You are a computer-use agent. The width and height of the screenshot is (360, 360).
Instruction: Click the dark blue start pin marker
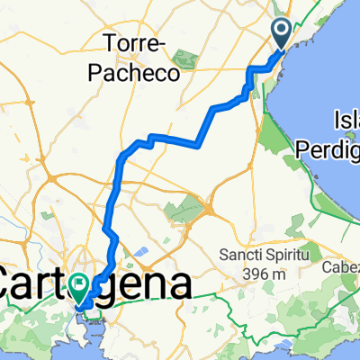point(281,34)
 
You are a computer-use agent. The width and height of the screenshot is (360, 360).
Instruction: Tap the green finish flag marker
point(81,287)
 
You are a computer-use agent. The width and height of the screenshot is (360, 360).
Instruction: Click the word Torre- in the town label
point(135,42)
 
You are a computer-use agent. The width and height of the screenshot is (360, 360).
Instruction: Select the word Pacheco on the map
point(135,72)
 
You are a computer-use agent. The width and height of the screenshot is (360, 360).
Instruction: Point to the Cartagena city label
point(94,285)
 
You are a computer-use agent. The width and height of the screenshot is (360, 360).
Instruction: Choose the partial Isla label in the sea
point(346,120)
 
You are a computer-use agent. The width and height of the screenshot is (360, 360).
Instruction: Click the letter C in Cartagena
point(12,285)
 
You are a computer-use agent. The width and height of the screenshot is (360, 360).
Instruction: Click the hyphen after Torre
point(163,43)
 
